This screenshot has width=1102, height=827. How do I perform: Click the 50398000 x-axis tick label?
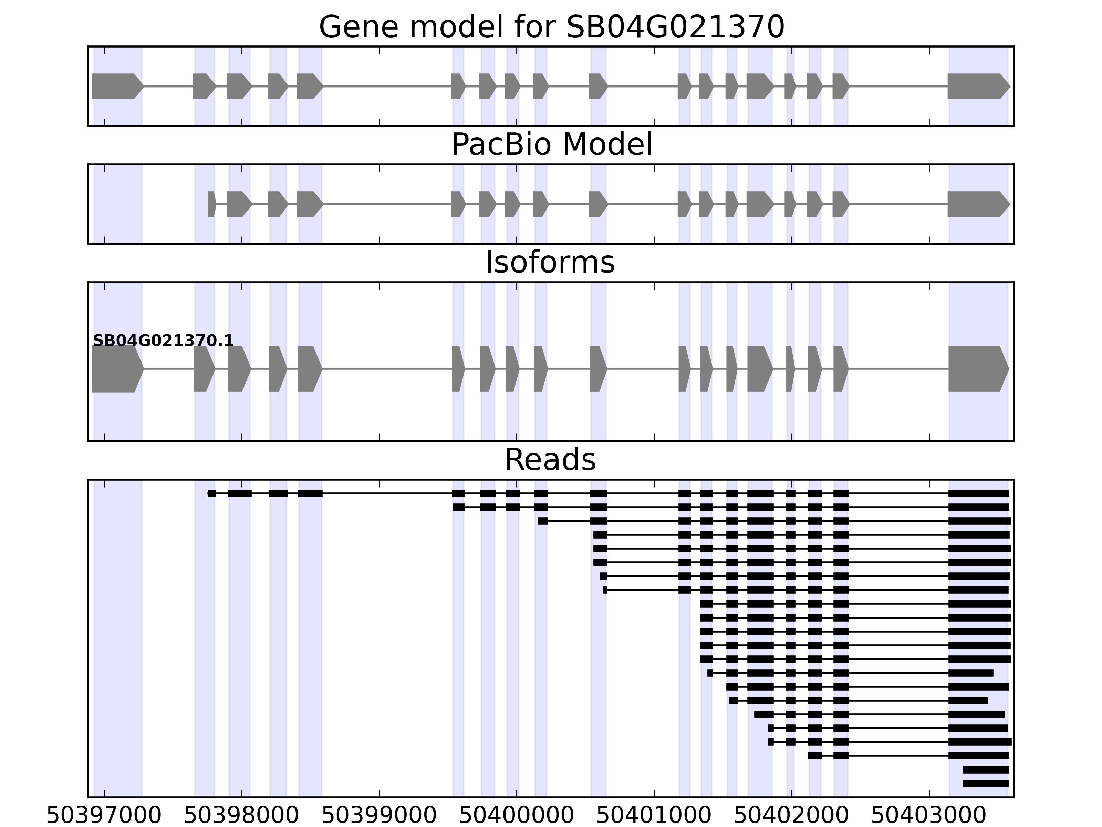click(x=242, y=816)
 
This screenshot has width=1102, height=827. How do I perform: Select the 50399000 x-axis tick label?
click(x=379, y=816)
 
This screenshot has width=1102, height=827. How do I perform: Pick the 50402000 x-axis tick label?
click(x=792, y=816)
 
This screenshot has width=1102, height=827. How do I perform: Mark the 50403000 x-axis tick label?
click(x=929, y=816)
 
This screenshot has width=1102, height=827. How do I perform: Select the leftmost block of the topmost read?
click(x=212, y=493)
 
